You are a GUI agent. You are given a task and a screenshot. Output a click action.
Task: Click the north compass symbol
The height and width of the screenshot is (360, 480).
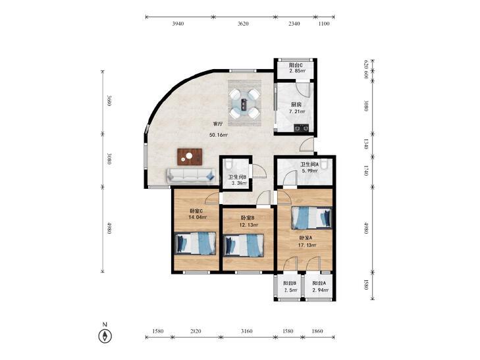[x=105, y=336]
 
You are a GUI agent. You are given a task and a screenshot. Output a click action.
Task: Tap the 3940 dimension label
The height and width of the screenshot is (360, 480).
[x=178, y=24]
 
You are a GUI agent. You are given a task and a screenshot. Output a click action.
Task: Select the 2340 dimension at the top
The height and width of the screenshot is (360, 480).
[x=294, y=24]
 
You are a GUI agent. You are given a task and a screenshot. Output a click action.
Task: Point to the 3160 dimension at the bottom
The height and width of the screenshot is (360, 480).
[x=247, y=331]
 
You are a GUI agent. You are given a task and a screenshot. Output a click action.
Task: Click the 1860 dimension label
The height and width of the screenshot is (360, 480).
[x=317, y=331]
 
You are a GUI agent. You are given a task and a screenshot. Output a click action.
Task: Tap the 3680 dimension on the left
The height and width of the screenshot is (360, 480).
[x=109, y=101]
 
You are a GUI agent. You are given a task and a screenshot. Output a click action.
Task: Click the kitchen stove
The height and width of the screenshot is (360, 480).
[x=302, y=128]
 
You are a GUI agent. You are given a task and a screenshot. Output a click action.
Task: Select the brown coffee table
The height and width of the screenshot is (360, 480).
[x=190, y=157]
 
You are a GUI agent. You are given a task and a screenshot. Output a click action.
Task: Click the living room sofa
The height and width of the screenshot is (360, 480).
[x=190, y=176]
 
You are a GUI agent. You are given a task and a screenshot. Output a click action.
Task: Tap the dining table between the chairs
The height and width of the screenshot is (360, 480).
[x=244, y=103]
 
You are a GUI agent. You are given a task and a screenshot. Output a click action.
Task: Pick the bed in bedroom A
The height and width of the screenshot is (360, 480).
[x=311, y=218]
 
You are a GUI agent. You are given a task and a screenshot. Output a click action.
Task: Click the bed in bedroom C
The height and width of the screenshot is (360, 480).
[x=195, y=243]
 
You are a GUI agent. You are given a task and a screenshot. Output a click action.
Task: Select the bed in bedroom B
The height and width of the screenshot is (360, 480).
[x=244, y=245]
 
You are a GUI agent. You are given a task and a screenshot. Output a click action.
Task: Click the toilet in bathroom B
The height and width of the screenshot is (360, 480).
[x=228, y=165]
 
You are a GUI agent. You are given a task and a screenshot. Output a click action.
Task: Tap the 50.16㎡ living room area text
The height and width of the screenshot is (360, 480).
[x=219, y=135]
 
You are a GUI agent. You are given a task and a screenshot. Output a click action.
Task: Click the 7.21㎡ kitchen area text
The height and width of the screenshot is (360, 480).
[x=297, y=112]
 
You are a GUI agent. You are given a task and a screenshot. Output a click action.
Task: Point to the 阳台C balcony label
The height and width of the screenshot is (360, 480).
[x=296, y=65]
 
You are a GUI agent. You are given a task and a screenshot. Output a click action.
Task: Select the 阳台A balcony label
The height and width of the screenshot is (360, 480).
[x=319, y=284]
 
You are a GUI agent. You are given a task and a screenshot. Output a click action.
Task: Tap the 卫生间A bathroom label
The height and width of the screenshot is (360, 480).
[x=309, y=165]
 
